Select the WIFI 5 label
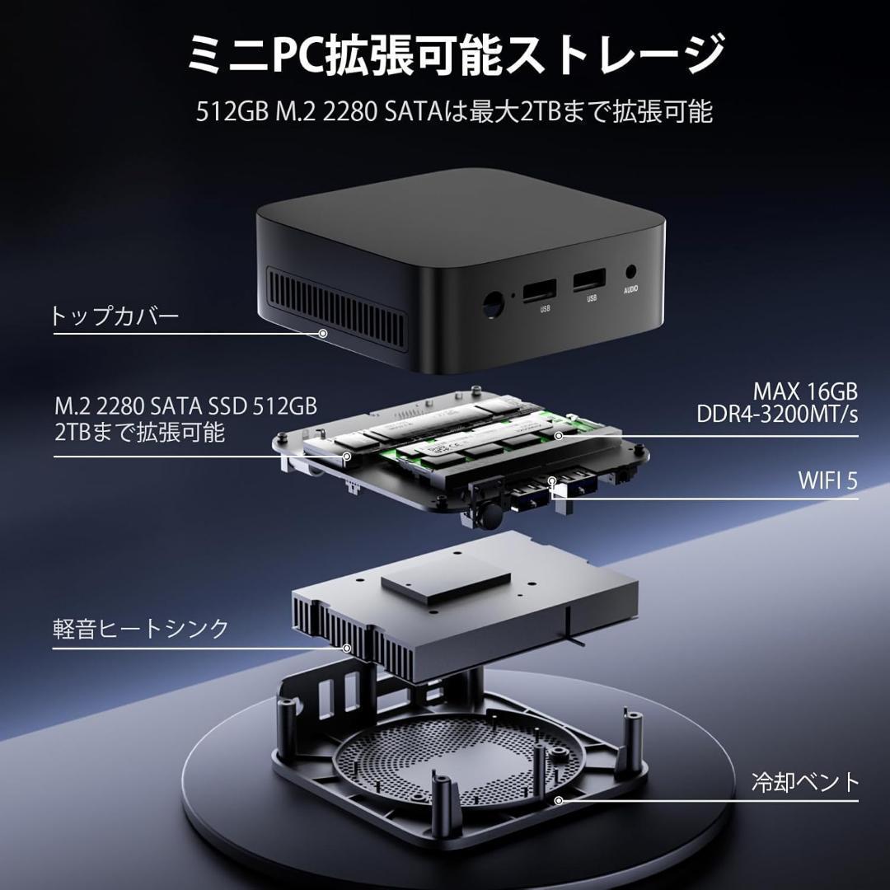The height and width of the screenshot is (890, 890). click(827, 480)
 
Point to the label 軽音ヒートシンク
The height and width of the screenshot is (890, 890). click(141, 629)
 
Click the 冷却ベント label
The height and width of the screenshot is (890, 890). click(805, 781)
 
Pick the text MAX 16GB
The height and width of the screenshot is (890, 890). click(805, 390)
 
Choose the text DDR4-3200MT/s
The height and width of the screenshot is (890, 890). click(776, 414)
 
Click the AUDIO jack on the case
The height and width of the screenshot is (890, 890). click(632, 271)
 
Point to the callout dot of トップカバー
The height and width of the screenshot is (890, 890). click(323, 333)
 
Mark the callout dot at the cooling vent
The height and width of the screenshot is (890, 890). click(559, 800)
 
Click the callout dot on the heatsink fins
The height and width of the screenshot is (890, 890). click(347, 648)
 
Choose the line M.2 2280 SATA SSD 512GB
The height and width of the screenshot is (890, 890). click(186, 406)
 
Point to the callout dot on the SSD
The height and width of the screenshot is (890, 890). click(348, 456)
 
